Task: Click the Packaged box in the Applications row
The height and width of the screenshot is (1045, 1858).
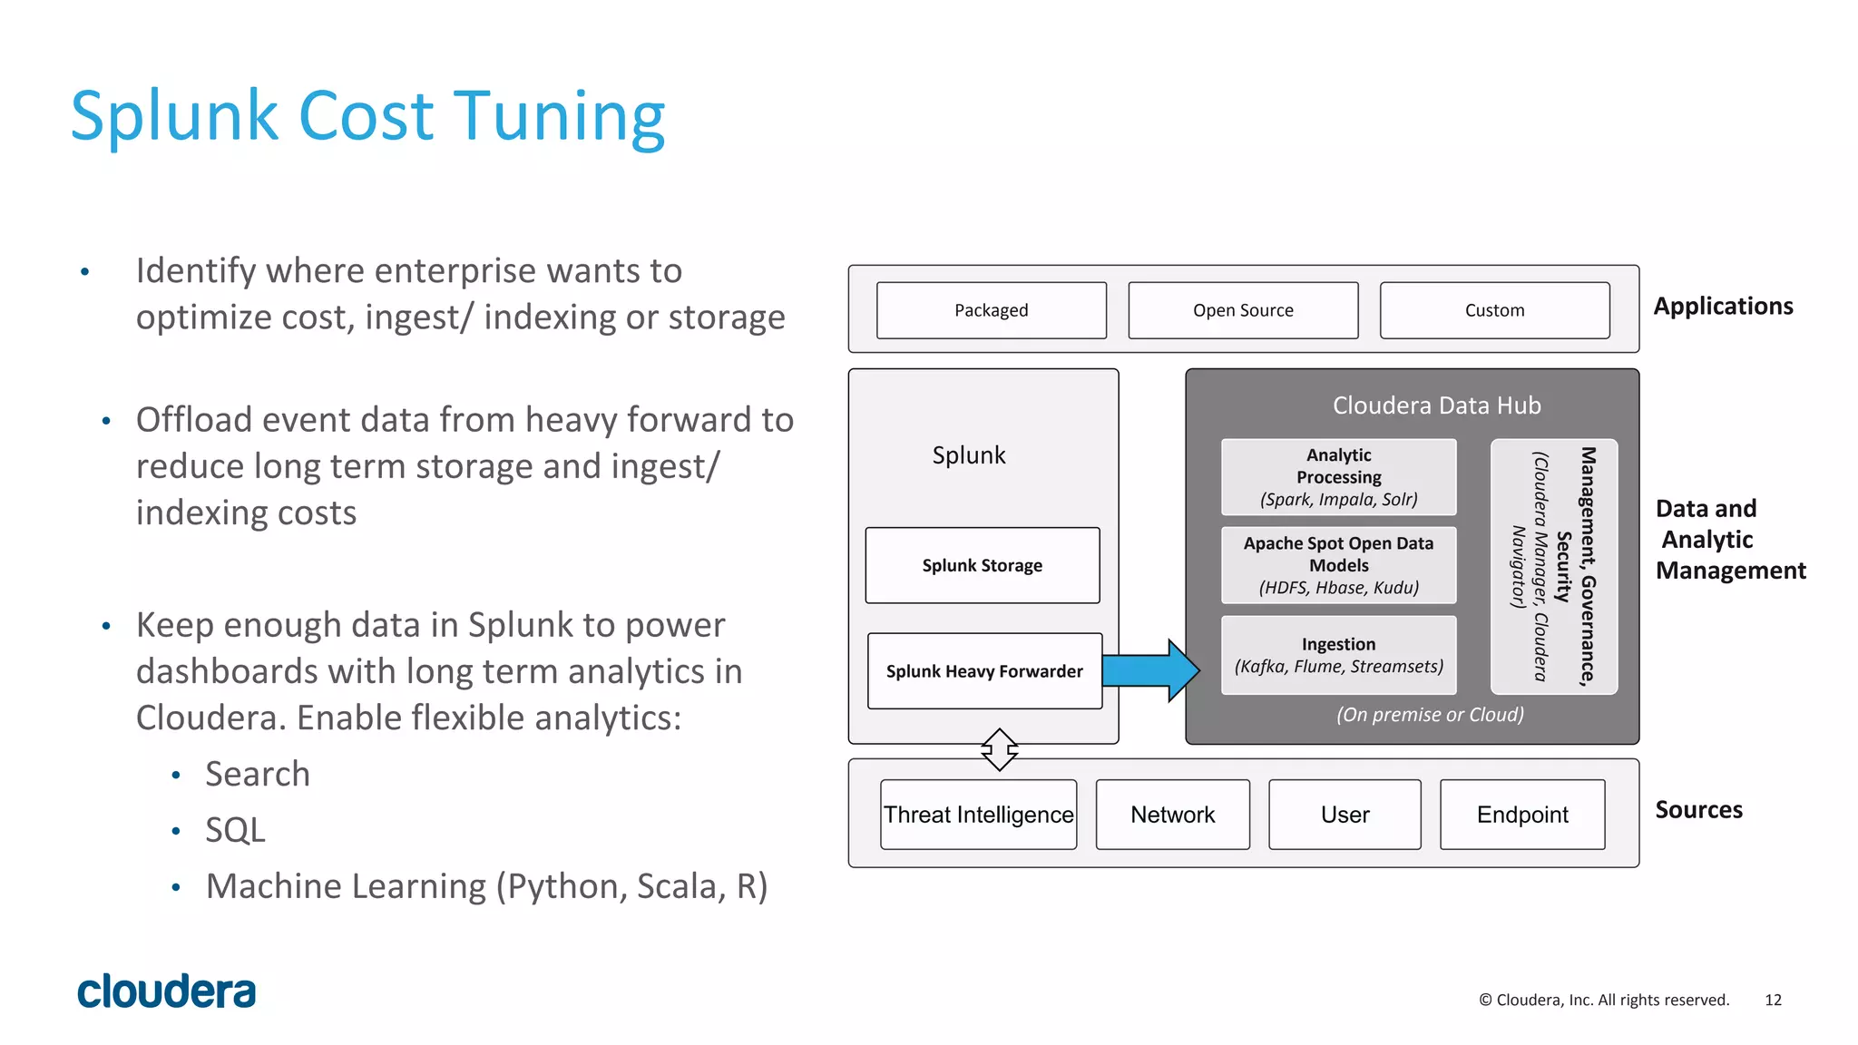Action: [x=991, y=310]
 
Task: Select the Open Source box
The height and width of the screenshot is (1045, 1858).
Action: [x=1243, y=310]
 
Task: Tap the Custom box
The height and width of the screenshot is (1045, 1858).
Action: [x=1494, y=310]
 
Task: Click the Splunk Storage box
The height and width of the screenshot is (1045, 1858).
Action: [x=982, y=565]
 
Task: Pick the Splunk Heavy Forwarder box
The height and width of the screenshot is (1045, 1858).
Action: [x=984, y=671]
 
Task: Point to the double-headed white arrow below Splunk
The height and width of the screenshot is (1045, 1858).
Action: [x=999, y=749]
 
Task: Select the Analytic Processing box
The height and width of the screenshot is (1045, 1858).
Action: [x=1338, y=477]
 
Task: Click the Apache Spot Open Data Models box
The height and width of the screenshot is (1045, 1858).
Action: [x=1338, y=565]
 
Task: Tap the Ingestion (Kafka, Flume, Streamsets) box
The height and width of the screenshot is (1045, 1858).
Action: [x=1338, y=655]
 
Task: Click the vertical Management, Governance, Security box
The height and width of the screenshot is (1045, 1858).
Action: [x=1553, y=566]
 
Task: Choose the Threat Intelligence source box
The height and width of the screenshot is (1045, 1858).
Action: [x=978, y=815]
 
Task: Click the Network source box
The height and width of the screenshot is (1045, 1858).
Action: [x=1172, y=815]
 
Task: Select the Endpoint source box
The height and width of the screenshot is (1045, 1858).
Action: [x=1521, y=815]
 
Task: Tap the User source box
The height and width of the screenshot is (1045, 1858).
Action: [x=1345, y=815]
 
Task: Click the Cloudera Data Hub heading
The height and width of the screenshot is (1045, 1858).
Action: [x=1436, y=405]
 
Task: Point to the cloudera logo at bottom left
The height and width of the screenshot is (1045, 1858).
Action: [x=167, y=991]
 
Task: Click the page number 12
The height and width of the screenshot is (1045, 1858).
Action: [x=1773, y=1000]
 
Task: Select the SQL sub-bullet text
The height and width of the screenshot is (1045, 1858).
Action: [x=235, y=830]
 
